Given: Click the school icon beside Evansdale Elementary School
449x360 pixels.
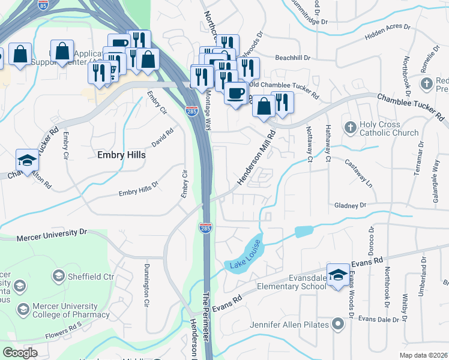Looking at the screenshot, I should click(338, 275).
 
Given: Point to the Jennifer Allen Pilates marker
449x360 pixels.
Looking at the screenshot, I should click(337, 325).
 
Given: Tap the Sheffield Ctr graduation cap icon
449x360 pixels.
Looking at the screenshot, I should click(58, 276).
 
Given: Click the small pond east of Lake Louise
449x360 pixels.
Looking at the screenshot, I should click(304, 231).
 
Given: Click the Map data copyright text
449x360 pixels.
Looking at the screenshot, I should click(423, 355).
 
